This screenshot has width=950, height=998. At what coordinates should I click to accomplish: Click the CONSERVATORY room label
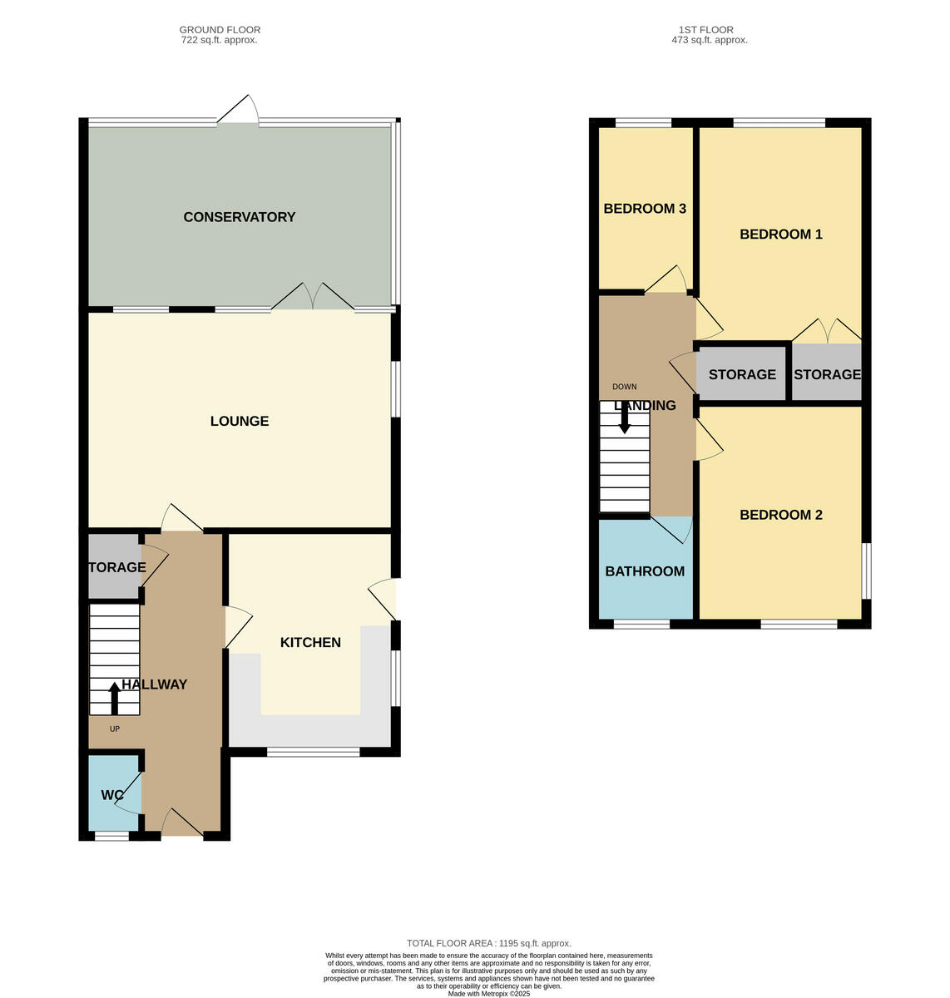tap(239, 217)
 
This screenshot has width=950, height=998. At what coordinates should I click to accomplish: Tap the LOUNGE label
tap(239, 421)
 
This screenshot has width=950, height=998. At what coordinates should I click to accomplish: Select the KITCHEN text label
tap(310, 642)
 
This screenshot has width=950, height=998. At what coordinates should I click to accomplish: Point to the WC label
tap(112, 795)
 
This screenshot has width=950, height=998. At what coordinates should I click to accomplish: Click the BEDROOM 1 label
tap(780, 235)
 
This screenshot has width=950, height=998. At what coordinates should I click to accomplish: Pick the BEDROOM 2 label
tap(780, 515)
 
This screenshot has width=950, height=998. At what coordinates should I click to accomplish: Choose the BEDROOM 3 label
tap(645, 209)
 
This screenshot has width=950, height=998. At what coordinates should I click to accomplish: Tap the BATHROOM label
tap(645, 571)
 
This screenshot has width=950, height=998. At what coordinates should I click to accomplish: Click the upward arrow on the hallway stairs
tap(114, 698)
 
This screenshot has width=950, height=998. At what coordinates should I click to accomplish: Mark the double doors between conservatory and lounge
tap(313, 298)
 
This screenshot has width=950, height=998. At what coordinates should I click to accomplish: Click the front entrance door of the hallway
tap(182, 823)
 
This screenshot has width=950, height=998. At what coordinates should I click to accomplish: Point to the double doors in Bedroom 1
tap(826, 330)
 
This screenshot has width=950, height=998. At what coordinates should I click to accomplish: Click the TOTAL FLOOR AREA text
tap(488, 943)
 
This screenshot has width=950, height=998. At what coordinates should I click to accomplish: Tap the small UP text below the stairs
tap(115, 729)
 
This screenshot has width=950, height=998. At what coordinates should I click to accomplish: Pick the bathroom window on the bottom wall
tap(641, 624)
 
